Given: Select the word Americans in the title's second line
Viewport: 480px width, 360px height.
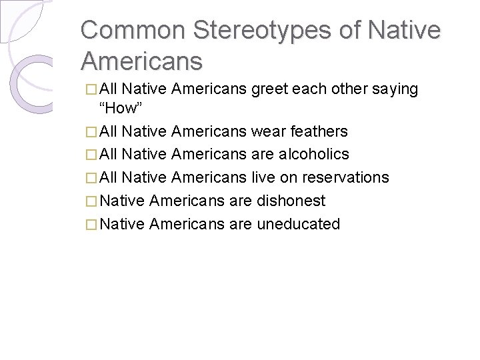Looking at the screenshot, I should [x=141, y=61].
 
